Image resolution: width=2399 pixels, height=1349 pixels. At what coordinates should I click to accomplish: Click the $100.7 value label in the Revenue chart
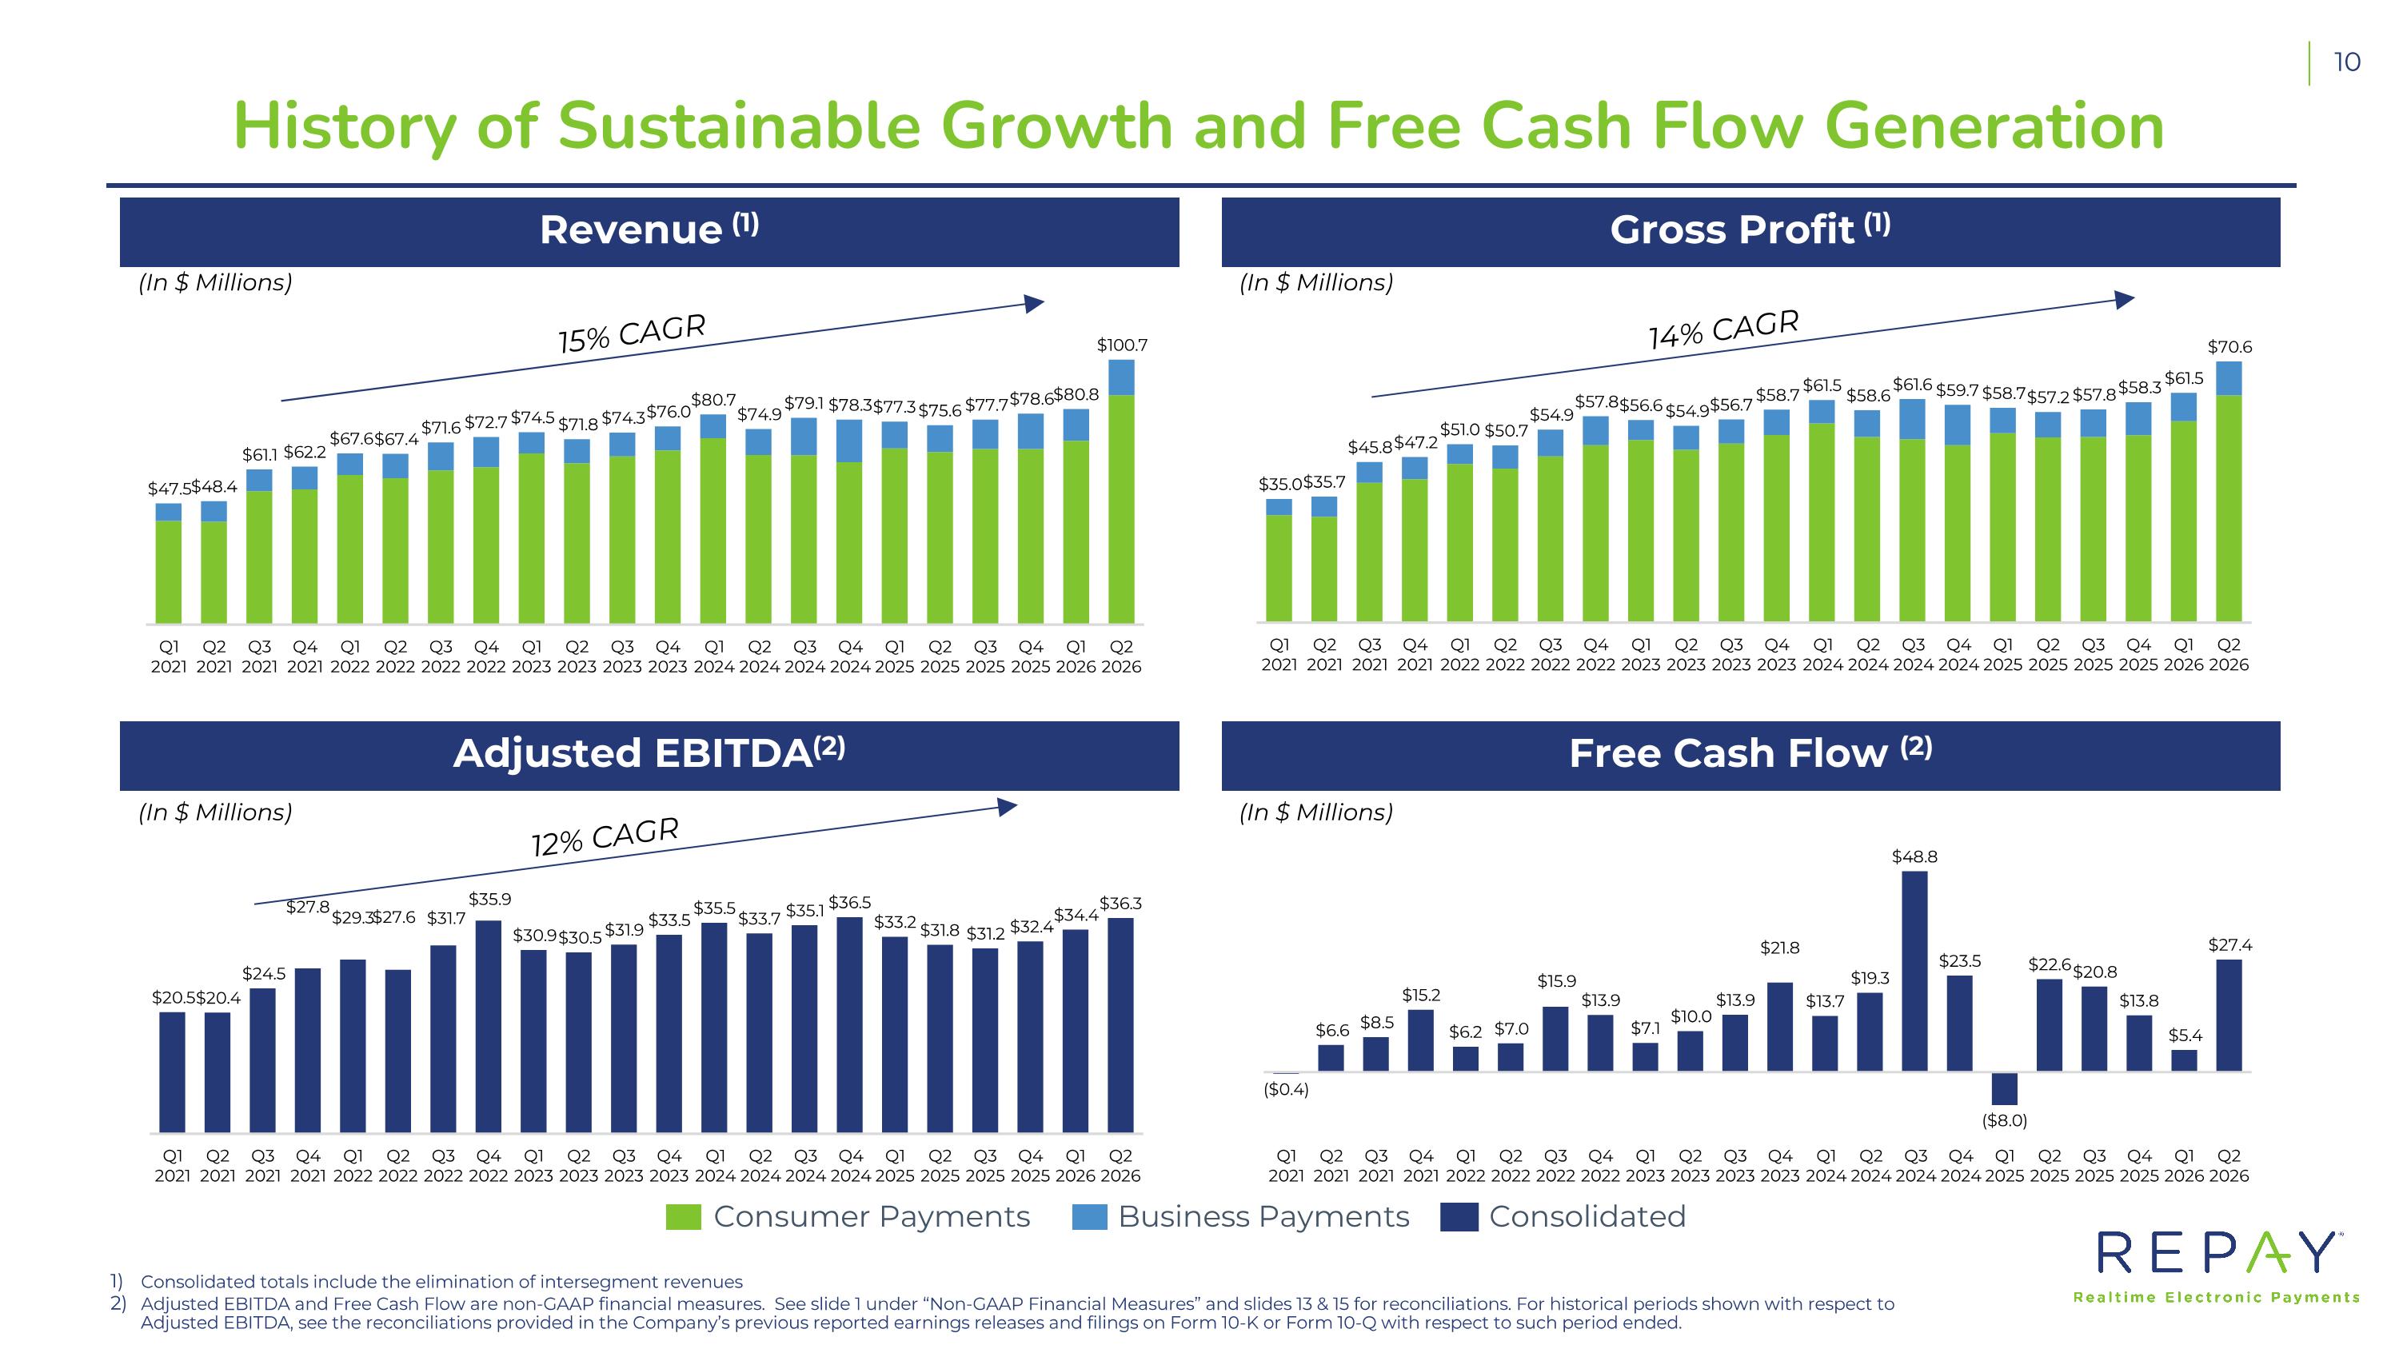[x=1122, y=345]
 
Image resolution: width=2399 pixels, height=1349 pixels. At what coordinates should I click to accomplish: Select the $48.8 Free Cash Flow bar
[x=1914, y=971]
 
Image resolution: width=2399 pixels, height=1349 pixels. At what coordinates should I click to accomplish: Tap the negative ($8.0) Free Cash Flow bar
[x=2004, y=1088]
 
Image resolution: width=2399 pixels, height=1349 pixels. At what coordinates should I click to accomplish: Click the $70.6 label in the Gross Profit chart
[x=2229, y=346]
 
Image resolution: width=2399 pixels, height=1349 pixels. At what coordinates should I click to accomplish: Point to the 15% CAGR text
[x=633, y=333]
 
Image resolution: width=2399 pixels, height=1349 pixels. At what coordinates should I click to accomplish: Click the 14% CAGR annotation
[x=1724, y=329]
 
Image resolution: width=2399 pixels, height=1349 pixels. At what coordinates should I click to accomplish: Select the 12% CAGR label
[x=605, y=836]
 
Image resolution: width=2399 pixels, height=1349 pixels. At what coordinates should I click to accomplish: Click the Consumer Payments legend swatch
[x=684, y=1217]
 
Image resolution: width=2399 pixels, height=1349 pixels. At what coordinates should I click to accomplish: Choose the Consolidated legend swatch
[x=1459, y=1217]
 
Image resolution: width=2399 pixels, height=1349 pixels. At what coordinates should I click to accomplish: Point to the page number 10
[x=2347, y=62]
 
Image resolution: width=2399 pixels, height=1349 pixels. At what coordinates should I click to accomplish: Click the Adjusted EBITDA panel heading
[x=649, y=753]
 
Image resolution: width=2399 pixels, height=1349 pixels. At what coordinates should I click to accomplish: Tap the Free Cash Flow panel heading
[x=1750, y=753]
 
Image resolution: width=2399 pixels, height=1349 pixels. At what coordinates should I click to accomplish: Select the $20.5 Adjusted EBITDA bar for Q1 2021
[x=172, y=1072]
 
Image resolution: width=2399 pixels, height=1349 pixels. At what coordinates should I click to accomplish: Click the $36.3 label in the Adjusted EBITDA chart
[x=1120, y=903]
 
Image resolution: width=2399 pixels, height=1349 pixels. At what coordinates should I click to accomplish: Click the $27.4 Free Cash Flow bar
[x=2229, y=1016]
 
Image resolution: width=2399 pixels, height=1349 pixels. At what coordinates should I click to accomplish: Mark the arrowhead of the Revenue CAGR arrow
[x=1035, y=304]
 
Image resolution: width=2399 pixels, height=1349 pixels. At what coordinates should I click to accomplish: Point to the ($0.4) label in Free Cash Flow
[x=1286, y=1089]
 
